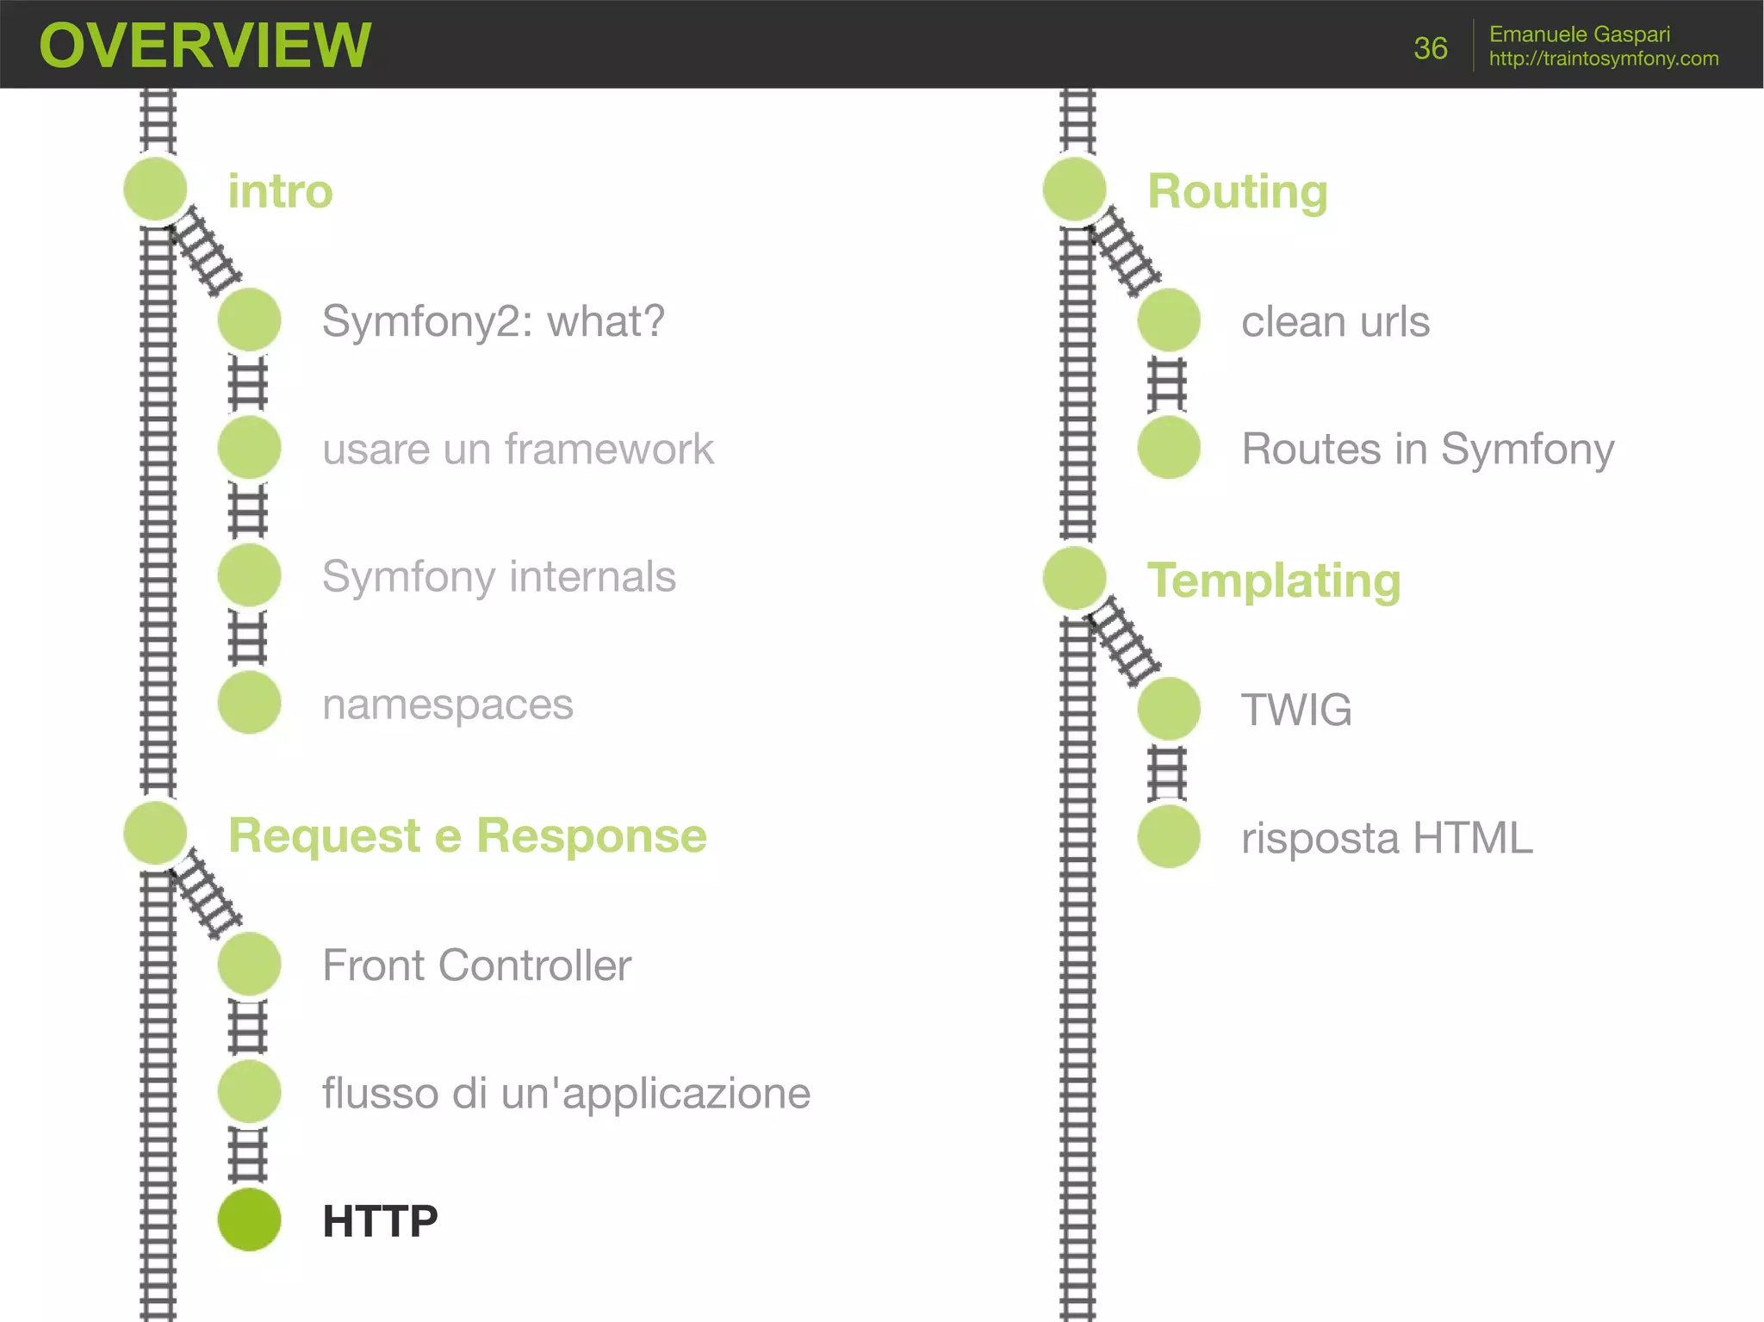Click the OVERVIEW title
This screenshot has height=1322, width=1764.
tap(205, 46)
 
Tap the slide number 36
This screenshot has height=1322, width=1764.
tap(1430, 48)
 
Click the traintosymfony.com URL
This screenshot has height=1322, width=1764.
tap(1603, 59)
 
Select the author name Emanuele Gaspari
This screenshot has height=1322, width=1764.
tap(1579, 34)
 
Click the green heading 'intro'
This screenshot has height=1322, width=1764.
tap(280, 191)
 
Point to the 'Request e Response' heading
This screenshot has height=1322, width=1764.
tap(467, 835)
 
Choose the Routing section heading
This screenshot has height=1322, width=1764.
tap(1237, 191)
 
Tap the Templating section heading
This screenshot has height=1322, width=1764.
tap(1273, 580)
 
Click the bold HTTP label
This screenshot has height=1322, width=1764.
tap(380, 1221)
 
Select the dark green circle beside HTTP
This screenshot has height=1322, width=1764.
tap(250, 1220)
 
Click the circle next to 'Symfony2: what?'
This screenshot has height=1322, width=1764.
tap(250, 320)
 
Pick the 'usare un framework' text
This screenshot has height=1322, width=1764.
tap(518, 449)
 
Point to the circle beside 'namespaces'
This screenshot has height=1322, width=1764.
tap(250, 703)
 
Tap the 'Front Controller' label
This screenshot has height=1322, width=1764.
tap(476, 965)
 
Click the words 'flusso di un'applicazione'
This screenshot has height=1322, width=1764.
tap(566, 1093)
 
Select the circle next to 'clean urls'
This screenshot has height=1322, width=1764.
tap(1169, 320)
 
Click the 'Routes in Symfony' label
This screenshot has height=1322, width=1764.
tap(1427, 449)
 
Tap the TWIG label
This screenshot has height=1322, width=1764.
tap(1295, 710)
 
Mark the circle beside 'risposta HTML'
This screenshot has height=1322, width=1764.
tap(1169, 836)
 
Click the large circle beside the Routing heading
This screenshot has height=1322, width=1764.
tap(1074, 189)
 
